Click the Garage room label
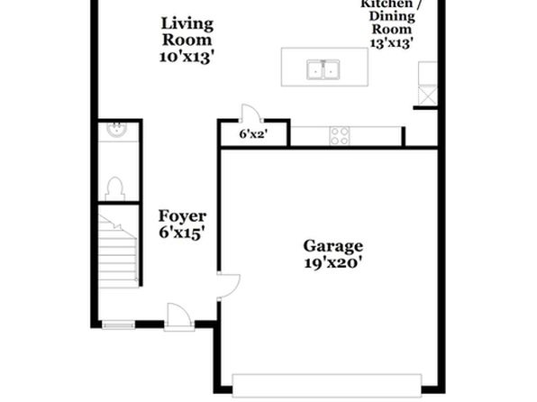click(332, 247)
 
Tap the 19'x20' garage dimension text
click(332, 263)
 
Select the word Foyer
click(182, 216)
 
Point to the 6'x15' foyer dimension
click(182, 233)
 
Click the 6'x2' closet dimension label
click(253, 134)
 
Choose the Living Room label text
click(187, 32)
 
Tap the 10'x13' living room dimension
click(187, 57)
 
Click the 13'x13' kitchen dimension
click(391, 43)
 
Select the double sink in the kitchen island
click(323, 69)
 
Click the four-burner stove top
click(340, 136)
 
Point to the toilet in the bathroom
click(114, 188)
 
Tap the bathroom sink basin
click(117, 130)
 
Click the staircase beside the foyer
click(119, 251)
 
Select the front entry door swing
click(178, 317)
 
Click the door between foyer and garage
click(229, 286)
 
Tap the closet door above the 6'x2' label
click(251, 114)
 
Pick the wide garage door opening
click(327, 385)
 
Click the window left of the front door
click(119, 324)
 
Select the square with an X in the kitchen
click(428, 95)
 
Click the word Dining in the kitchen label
click(392, 16)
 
